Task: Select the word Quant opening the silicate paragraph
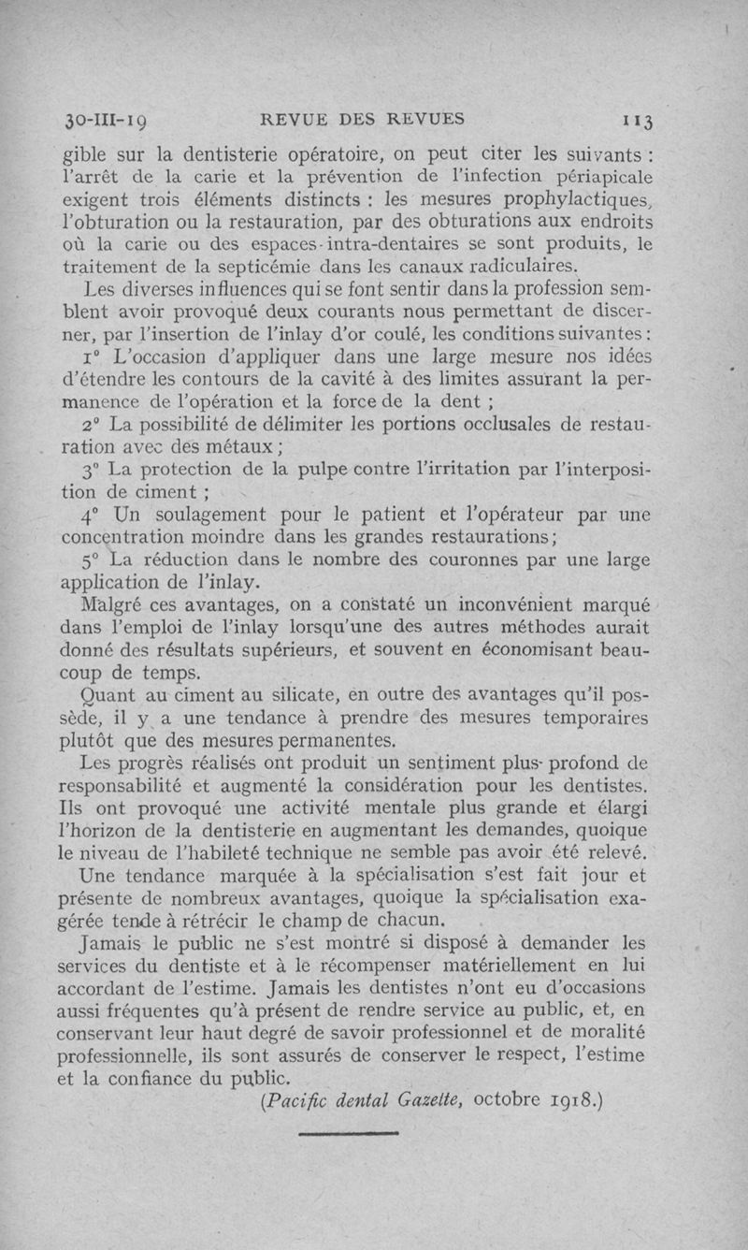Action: coord(110,695)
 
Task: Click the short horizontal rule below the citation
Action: coord(348,1133)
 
